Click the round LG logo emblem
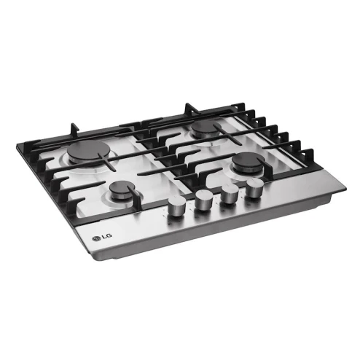(96, 238)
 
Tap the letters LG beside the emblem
(107, 236)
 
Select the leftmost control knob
(176, 206)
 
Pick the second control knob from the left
(203, 200)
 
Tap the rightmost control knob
(254, 188)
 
